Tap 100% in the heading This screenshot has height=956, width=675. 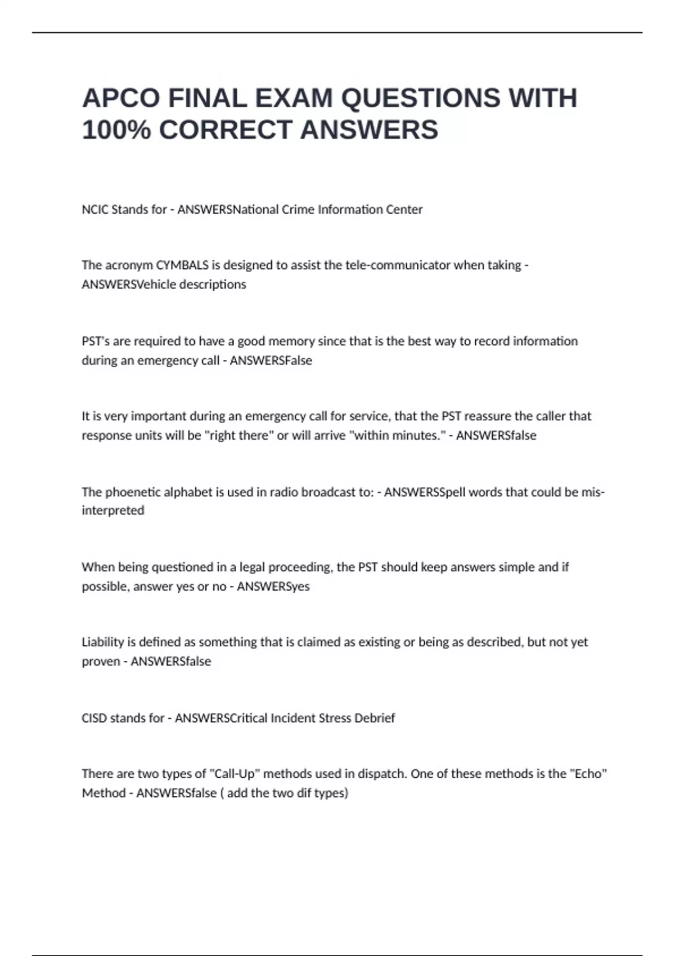[116, 130]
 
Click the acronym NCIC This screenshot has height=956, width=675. [95, 209]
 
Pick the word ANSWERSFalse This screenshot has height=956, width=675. [271, 360]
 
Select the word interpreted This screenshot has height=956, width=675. [113, 511]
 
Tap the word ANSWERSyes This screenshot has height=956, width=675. [273, 586]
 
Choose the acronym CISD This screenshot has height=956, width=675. [94, 718]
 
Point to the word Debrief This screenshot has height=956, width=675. [374, 718]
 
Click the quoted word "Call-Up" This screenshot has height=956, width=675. [235, 774]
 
